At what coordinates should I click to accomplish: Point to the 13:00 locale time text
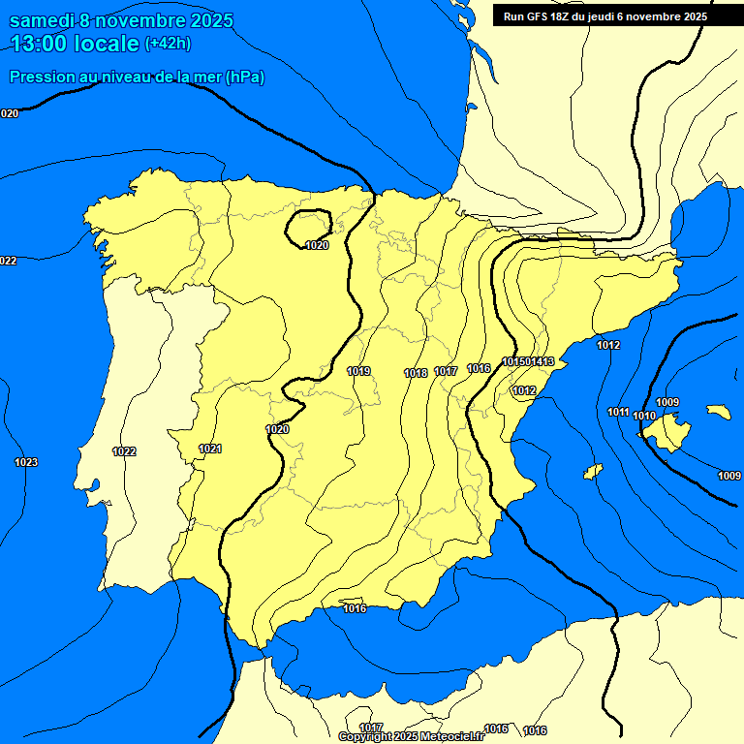[x=75, y=43]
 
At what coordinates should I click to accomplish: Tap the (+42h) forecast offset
[x=168, y=44]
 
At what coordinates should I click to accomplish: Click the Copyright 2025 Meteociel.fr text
[x=412, y=736]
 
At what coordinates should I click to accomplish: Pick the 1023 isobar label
[x=26, y=462]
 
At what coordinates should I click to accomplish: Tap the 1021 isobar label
[x=210, y=449]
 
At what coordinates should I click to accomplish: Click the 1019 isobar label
[x=358, y=371]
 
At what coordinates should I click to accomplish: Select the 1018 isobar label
[x=416, y=373]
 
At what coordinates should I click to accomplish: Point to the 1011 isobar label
[x=619, y=412]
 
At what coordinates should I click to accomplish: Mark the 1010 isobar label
[x=644, y=416]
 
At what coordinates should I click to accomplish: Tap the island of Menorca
[x=719, y=412]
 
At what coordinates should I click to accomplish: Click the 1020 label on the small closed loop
[x=317, y=245]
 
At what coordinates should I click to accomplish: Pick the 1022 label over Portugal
[x=124, y=451]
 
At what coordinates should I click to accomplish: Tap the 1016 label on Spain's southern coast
[x=355, y=608]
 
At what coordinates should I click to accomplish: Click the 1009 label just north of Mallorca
[x=667, y=402]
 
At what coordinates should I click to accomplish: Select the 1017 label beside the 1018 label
[x=446, y=372]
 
